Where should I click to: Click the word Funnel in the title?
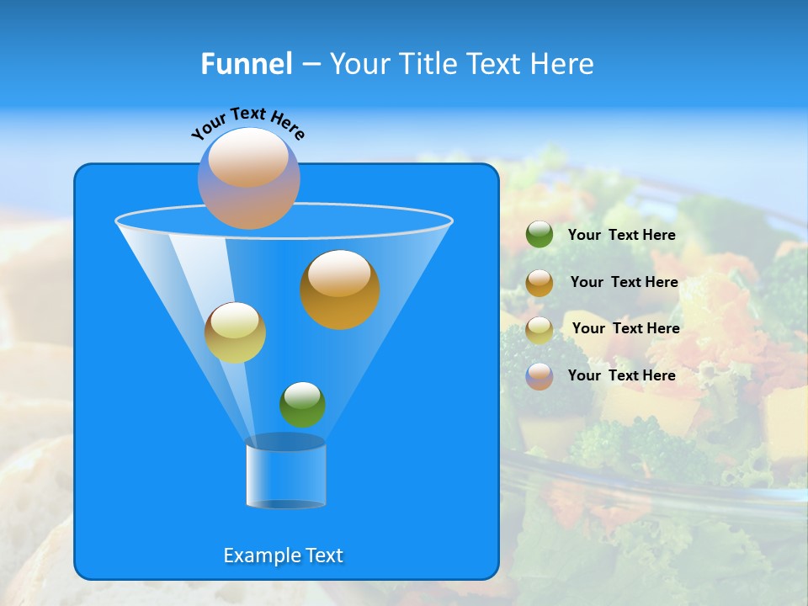click(247, 64)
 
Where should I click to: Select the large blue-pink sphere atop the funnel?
click(249, 178)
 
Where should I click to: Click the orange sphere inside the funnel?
click(340, 290)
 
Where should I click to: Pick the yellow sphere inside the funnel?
click(235, 332)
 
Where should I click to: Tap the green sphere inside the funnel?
click(302, 404)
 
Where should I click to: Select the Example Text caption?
click(284, 555)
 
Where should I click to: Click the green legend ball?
click(540, 235)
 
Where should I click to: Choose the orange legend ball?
click(540, 283)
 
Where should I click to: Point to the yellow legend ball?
click(540, 330)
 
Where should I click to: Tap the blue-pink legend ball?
click(540, 376)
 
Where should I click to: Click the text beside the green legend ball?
click(621, 235)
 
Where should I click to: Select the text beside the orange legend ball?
click(624, 282)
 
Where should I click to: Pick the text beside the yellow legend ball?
click(625, 328)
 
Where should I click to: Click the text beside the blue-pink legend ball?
click(621, 375)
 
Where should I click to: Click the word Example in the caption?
click(260, 555)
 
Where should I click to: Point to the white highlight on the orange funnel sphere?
click(340, 274)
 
